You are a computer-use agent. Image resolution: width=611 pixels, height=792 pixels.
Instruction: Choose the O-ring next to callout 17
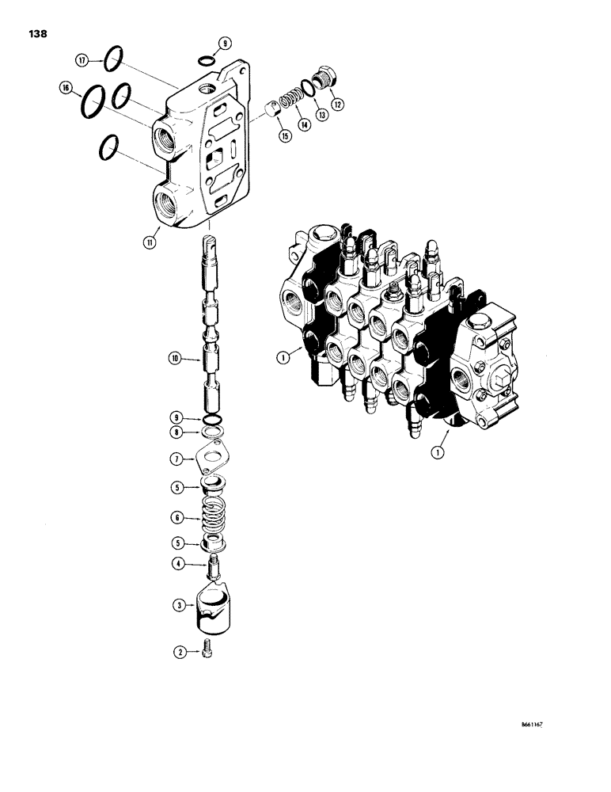point(114,56)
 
